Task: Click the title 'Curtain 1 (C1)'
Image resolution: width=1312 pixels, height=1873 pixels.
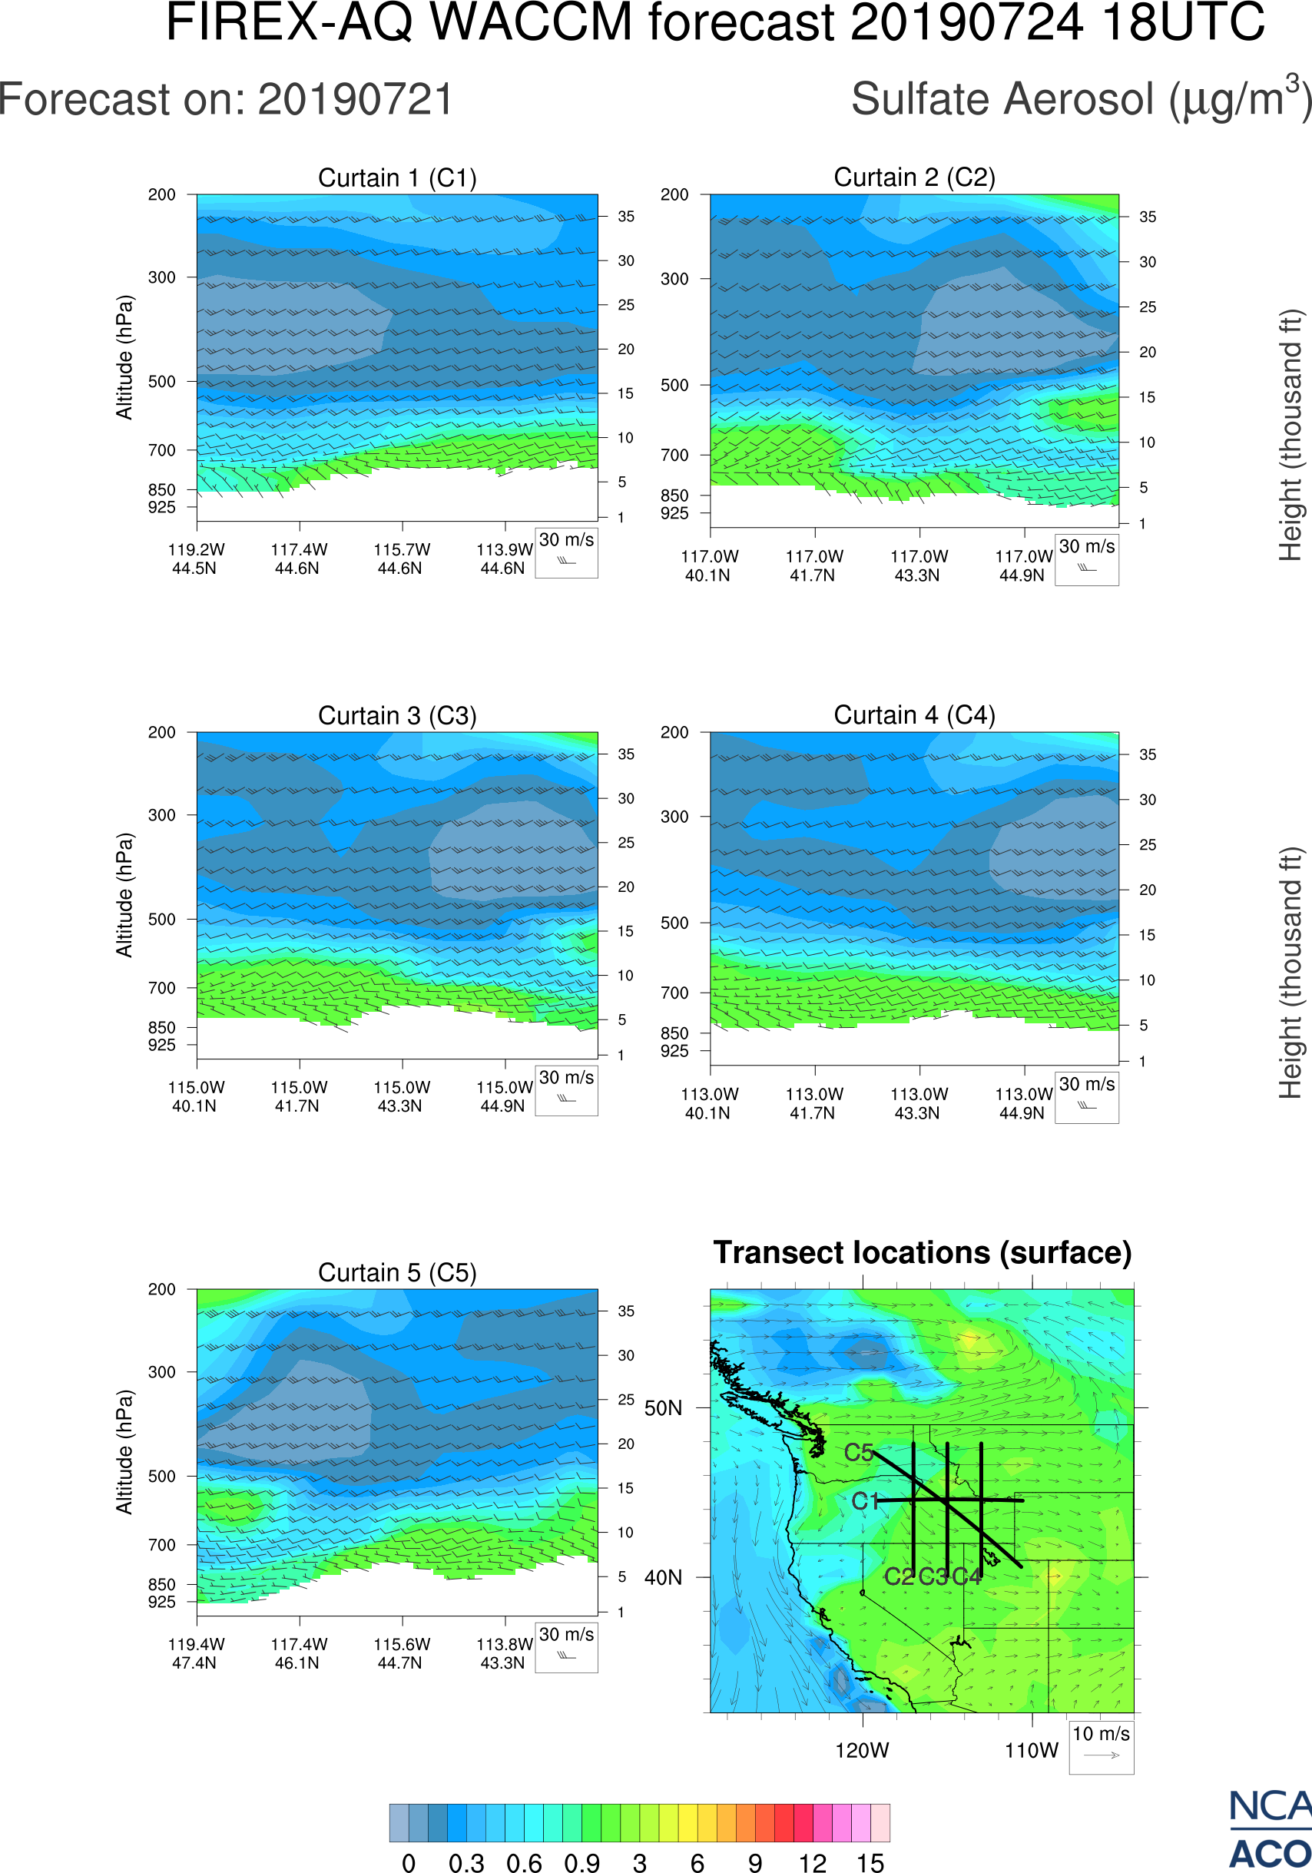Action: point(397,177)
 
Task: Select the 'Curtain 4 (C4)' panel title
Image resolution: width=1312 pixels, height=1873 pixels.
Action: point(914,715)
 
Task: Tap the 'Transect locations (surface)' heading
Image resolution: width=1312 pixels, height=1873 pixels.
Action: point(923,1252)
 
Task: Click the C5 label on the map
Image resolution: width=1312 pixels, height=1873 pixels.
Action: point(859,1453)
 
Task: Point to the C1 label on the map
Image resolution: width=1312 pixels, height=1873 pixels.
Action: point(865,1501)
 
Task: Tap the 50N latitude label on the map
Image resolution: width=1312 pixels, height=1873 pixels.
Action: point(663,1409)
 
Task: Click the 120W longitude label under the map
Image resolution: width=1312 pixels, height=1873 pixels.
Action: point(862,1751)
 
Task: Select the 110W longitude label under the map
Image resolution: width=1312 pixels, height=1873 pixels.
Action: point(1032,1751)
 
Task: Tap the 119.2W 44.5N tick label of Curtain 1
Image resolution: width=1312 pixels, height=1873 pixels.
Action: point(196,559)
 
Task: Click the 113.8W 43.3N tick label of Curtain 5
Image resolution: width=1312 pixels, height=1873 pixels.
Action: point(504,1653)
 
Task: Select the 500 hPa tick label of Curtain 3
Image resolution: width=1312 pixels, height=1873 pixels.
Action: point(161,920)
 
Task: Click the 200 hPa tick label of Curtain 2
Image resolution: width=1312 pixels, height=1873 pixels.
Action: point(674,195)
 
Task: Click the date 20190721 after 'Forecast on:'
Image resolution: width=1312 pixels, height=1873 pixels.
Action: point(356,100)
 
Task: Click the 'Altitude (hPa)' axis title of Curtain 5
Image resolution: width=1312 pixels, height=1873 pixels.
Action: point(124,1452)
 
